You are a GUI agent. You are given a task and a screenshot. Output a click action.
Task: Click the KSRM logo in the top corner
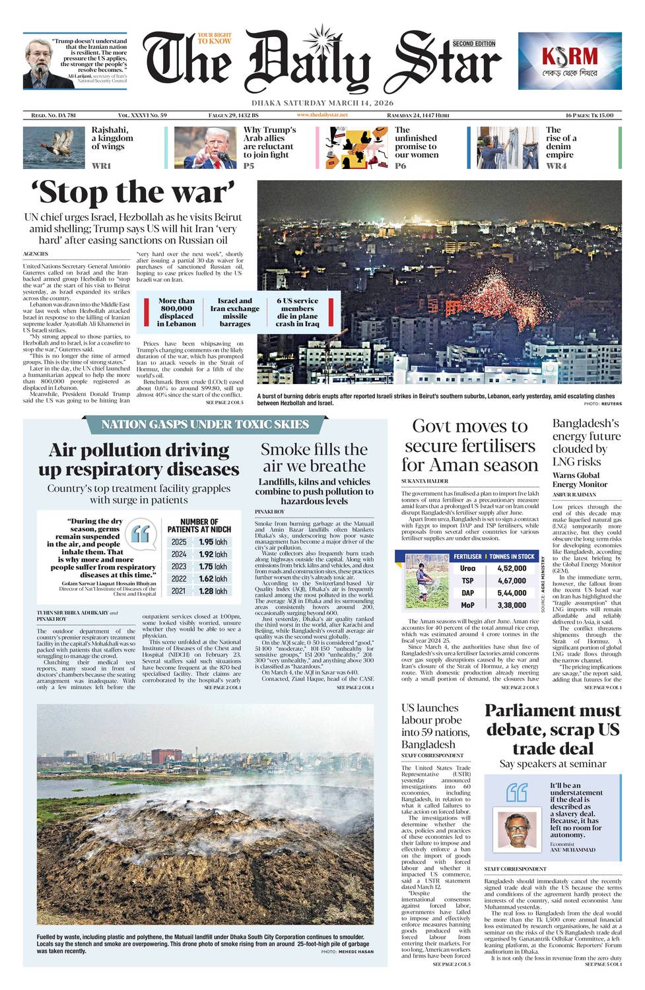(x=569, y=60)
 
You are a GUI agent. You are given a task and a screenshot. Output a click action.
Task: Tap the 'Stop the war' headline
(x=133, y=193)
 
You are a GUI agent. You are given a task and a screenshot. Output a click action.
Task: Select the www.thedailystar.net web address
(x=322, y=115)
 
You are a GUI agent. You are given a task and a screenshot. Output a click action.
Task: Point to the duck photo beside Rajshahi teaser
(x=53, y=147)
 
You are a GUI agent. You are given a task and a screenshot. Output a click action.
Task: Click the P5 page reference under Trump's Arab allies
(x=249, y=166)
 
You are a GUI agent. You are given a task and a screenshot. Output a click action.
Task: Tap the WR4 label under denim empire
(x=556, y=166)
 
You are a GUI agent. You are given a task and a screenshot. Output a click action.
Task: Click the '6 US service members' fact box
(x=297, y=312)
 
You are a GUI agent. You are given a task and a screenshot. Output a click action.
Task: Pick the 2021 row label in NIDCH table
(x=179, y=591)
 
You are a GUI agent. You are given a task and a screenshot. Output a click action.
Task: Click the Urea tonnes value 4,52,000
(x=512, y=568)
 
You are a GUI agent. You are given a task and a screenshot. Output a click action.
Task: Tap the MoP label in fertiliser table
(x=467, y=605)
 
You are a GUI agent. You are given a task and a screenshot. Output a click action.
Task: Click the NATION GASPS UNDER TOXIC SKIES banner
(x=205, y=424)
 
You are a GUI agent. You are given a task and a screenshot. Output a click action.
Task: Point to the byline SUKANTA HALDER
(x=424, y=481)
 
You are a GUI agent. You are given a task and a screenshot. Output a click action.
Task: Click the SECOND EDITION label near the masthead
(x=474, y=44)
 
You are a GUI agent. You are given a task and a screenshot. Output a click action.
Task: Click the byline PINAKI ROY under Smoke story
(x=270, y=511)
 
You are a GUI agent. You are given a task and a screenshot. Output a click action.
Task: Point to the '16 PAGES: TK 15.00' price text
(x=584, y=115)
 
